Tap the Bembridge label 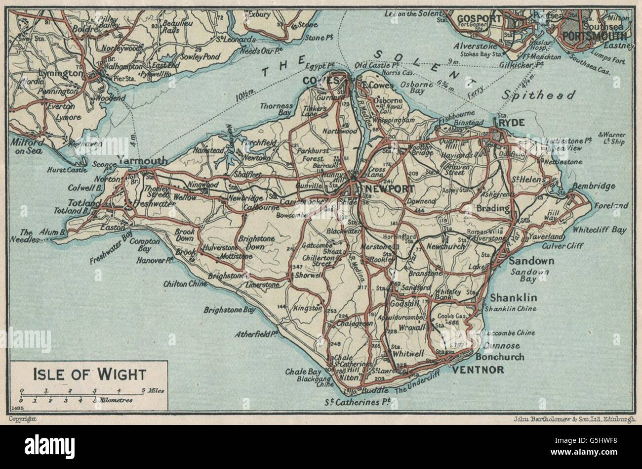tap(594, 186)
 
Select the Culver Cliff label tap(562, 246)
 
